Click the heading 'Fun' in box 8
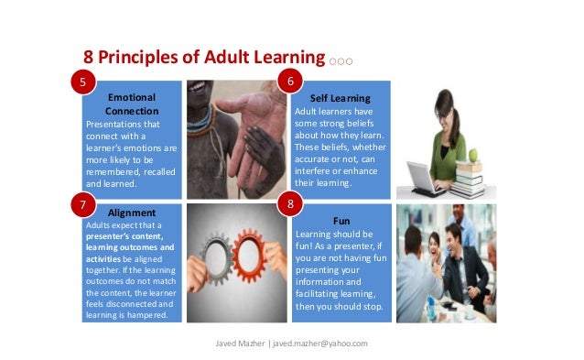click(x=341, y=221)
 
